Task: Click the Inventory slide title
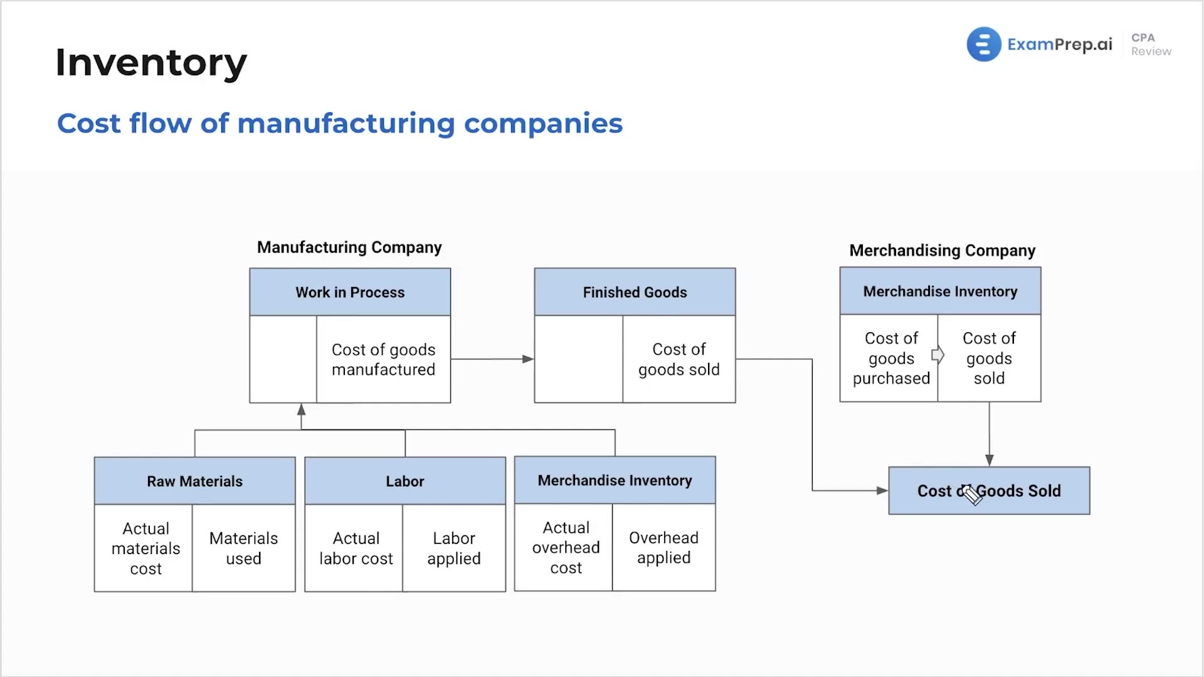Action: pos(151,63)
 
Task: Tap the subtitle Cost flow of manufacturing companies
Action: pos(340,123)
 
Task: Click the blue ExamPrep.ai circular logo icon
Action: pos(983,44)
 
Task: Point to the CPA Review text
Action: pos(1151,45)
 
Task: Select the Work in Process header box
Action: pos(350,292)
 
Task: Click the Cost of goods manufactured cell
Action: pos(383,359)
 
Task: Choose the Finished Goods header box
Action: pos(635,292)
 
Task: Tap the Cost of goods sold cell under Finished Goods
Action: pos(679,359)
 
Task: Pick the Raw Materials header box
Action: pos(194,481)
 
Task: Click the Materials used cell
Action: pos(244,548)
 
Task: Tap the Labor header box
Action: pos(405,481)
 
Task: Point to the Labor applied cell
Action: pos(454,548)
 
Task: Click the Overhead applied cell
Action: pos(664,547)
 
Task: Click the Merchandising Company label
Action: pos(942,251)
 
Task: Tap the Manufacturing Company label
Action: pos(349,248)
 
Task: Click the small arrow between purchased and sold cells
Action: pos(938,355)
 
